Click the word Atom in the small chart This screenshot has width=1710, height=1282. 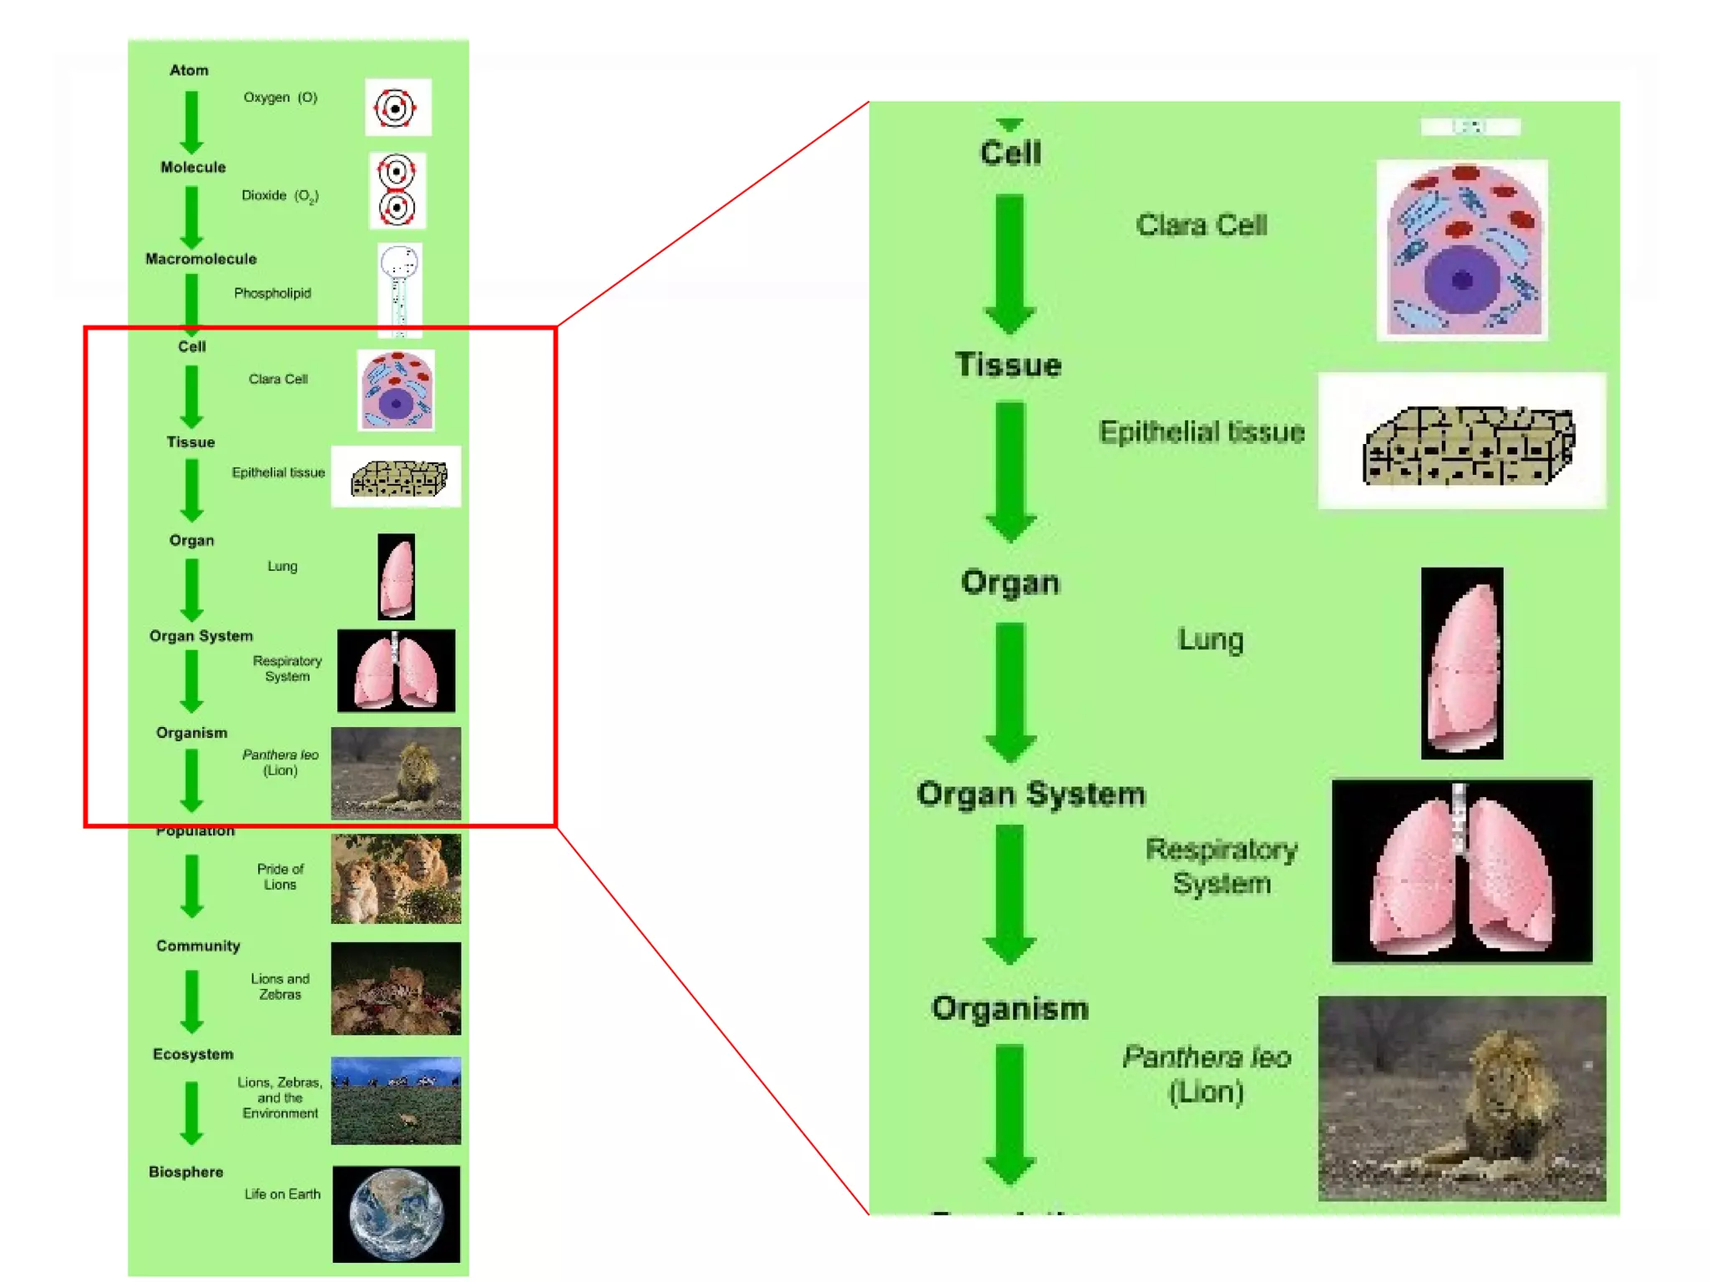189,70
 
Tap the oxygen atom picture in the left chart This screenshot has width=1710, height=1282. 397,108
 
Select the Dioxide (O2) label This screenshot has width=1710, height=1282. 280,195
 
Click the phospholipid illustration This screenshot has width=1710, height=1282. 399,289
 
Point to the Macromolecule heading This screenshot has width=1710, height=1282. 200,259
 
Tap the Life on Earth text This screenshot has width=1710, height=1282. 282,1194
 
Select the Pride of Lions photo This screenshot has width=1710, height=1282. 396,879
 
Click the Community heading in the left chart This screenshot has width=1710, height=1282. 198,946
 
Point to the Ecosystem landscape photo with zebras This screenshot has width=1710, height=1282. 396,1100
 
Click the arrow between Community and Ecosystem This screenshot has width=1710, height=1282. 192,1000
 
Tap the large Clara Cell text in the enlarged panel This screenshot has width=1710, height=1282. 1201,225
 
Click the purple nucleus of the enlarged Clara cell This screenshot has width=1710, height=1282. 1461,280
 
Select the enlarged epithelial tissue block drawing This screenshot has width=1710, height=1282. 1468,446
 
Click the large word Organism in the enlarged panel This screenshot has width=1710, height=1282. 1010,1008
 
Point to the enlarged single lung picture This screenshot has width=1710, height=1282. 1462,664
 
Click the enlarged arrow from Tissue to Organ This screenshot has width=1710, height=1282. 1010,472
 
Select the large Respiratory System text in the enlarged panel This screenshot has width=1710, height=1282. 1221,866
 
